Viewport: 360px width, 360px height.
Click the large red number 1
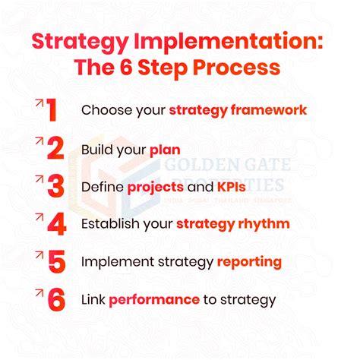pos(52,111)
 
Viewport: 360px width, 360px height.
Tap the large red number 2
pos(54,149)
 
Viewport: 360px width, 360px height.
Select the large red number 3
pos(54,187)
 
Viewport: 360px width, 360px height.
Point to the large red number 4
pos(54,224)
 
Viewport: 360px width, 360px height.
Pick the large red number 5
pos(54,262)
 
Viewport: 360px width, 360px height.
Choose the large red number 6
pos(55,299)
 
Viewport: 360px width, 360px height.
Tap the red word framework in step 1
pos(265,111)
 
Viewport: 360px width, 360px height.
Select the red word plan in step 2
pos(165,149)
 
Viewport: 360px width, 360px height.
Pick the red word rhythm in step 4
pos(263,224)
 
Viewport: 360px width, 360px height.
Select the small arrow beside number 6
pos(36,290)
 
